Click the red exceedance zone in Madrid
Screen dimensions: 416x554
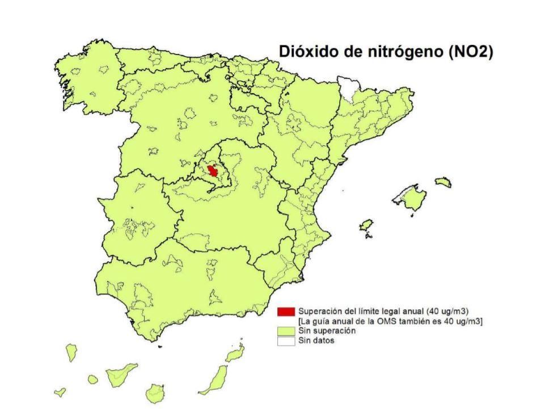coord(213,171)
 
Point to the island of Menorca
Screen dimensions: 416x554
coord(443,182)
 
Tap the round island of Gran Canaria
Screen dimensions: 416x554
coord(155,392)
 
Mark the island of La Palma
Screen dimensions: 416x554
coord(71,352)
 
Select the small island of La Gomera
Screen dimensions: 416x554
coord(93,379)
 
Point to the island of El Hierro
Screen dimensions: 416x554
coord(60,392)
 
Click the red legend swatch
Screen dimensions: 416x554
coord(286,312)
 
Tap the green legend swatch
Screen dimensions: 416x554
coord(286,331)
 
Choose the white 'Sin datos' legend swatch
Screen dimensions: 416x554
coord(286,341)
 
